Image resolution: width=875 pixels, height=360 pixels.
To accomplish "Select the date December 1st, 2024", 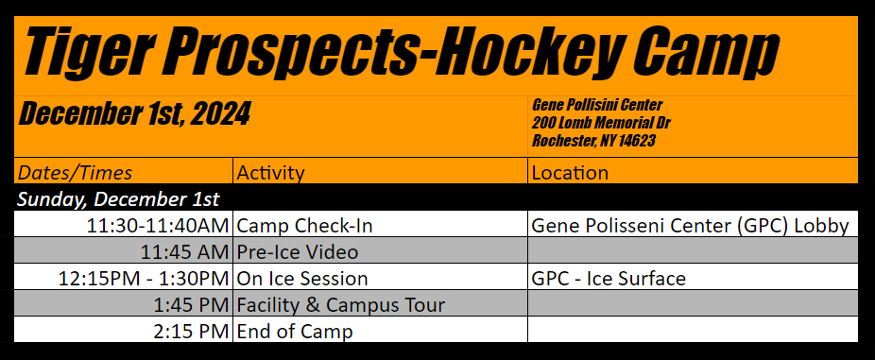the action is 134,114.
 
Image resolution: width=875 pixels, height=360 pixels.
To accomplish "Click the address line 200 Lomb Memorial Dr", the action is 601,123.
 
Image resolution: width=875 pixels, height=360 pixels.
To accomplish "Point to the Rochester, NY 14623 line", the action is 593,141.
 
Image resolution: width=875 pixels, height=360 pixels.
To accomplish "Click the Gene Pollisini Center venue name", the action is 597,105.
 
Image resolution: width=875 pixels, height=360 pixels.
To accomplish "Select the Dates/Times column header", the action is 75,173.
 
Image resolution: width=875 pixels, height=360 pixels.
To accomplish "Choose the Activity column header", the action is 270,173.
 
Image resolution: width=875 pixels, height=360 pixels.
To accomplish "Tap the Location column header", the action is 570,173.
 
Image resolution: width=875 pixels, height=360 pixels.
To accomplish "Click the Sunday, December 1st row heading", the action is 118,199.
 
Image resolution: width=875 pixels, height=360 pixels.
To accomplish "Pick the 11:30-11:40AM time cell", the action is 158,226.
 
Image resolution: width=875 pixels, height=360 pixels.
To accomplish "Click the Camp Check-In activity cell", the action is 304,226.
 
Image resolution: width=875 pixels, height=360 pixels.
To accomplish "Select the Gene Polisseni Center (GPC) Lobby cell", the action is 691,226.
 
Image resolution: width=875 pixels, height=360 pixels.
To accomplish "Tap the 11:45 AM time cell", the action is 184,252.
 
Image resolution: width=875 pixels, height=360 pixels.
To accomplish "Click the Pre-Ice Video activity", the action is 298,252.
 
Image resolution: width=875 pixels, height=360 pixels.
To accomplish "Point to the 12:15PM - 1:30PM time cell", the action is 144,279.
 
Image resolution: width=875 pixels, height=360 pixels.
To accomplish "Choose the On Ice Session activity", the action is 302,279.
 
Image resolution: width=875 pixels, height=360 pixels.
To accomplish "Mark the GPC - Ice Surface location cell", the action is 609,279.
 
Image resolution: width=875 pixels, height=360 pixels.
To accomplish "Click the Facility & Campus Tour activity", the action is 341,305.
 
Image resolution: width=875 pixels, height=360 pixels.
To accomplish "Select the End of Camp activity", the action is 295,332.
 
